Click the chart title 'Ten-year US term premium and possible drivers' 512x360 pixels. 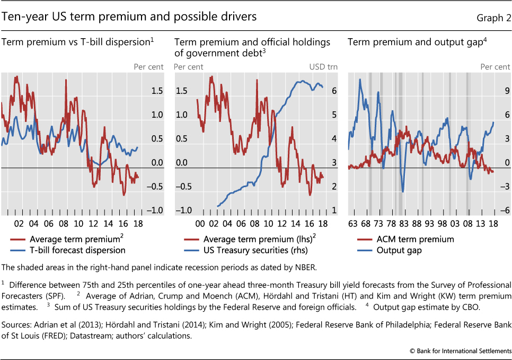[x=129, y=17]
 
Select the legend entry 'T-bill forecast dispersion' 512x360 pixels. [x=77, y=250]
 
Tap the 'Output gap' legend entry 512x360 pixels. [x=399, y=250]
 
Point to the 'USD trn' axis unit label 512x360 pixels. [x=323, y=67]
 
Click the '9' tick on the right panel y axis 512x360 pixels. [x=506, y=91]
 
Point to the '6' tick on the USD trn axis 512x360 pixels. [x=334, y=91]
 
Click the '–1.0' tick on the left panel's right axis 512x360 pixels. [x=154, y=210]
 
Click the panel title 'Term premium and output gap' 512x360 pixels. [x=416, y=42]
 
